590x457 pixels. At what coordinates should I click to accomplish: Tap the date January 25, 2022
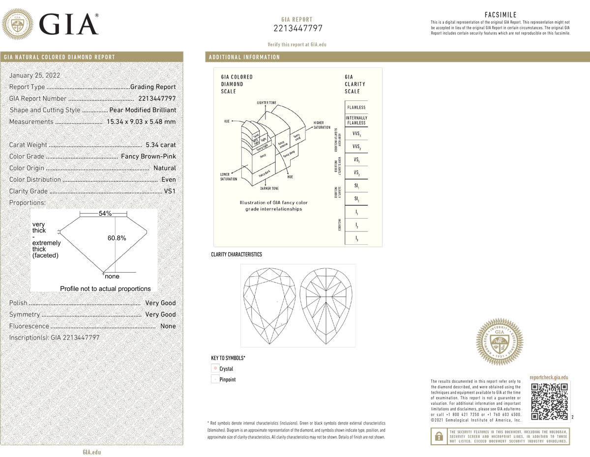34,75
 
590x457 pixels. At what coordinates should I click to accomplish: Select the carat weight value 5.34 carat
161,145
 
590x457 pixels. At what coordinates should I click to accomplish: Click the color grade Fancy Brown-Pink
148,156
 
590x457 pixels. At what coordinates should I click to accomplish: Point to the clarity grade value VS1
170,191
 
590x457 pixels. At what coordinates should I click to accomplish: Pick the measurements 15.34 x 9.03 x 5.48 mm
141,122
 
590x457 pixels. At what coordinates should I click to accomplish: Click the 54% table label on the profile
105,213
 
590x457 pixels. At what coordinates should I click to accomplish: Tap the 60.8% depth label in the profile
117,238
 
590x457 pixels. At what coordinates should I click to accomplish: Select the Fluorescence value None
168,326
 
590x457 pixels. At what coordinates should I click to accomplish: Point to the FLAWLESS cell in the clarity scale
356,107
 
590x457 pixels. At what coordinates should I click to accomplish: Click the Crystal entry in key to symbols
226,369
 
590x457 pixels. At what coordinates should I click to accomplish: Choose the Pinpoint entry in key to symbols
227,379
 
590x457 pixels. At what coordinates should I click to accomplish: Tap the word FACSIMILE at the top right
501,15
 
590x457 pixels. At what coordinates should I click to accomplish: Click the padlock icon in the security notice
439,436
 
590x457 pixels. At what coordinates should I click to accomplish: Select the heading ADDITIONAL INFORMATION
244,57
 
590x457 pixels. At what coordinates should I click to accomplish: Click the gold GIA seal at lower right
499,342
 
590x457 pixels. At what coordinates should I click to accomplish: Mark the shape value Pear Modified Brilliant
143,110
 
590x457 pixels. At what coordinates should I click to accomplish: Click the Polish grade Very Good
160,303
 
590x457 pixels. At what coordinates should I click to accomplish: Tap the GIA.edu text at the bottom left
91,452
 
